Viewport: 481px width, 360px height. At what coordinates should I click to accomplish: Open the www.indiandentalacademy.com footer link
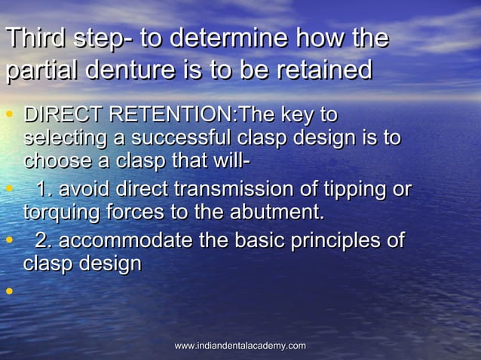tap(240, 346)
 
